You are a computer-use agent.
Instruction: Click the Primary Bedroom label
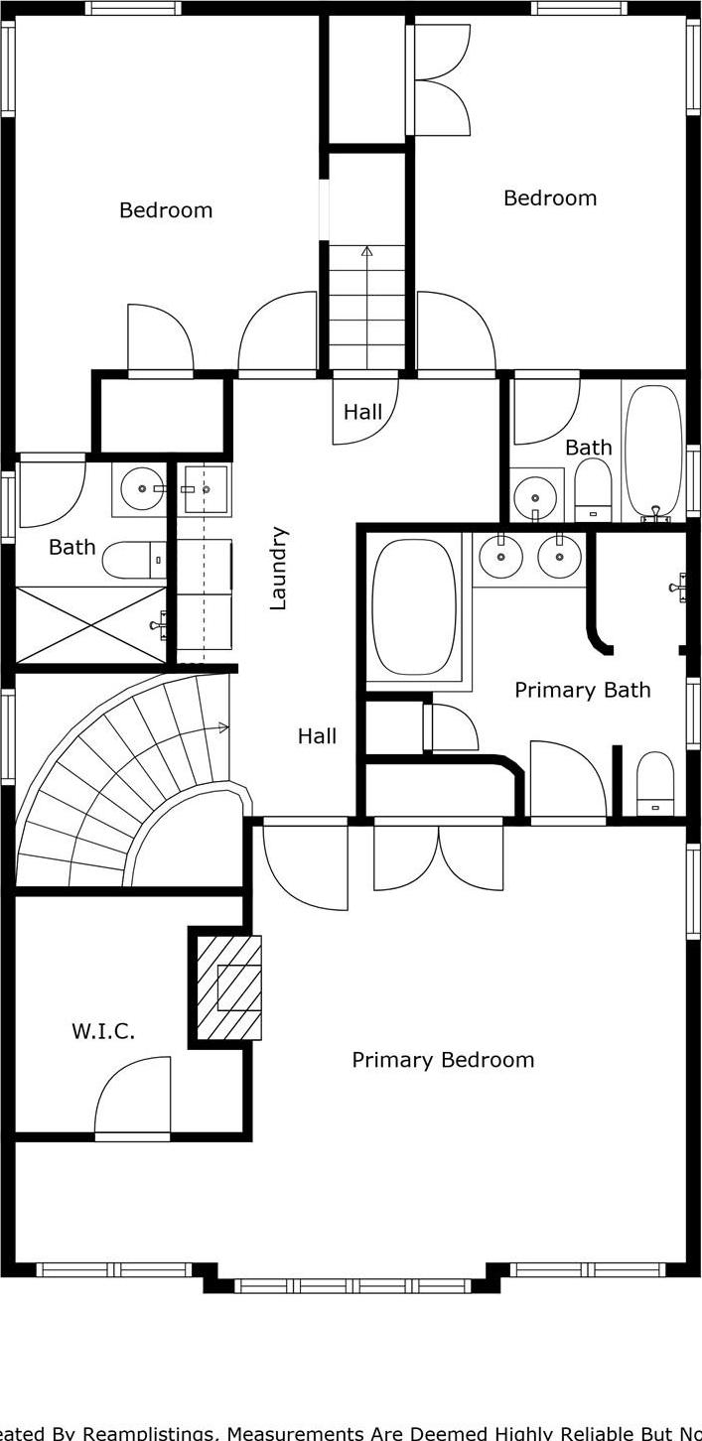click(443, 1060)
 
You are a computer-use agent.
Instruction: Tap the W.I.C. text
click(102, 1031)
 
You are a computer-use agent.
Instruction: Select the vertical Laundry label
click(279, 568)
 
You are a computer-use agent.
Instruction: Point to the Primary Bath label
click(582, 690)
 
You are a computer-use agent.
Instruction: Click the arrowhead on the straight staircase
click(366, 251)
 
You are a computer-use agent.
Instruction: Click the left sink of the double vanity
click(500, 557)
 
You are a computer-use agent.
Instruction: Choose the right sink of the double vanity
click(559, 557)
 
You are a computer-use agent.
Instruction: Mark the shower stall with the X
click(90, 624)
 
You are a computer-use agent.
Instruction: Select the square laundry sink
click(206, 489)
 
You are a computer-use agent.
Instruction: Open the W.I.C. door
click(133, 1096)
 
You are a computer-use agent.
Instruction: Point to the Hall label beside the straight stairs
click(362, 412)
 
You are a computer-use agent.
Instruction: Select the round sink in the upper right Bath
click(535, 493)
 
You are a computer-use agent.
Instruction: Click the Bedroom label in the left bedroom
click(166, 210)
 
